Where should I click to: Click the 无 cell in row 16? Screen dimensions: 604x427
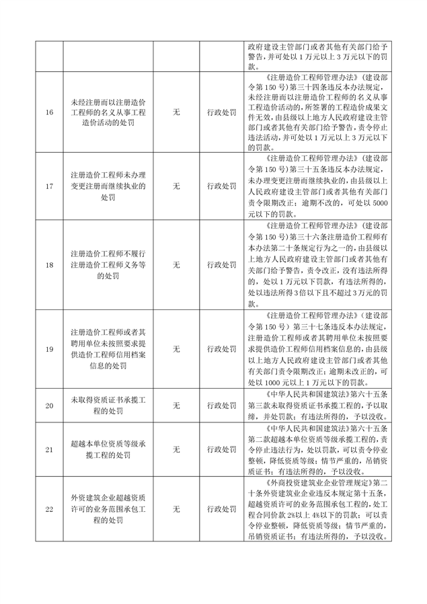click(x=176, y=112)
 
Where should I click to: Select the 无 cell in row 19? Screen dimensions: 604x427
click(x=176, y=349)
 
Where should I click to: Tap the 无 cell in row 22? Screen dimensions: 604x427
click(x=176, y=509)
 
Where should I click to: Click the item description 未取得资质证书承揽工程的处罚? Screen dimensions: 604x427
click(x=108, y=406)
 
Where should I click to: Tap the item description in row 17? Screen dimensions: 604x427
click(x=108, y=186)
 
